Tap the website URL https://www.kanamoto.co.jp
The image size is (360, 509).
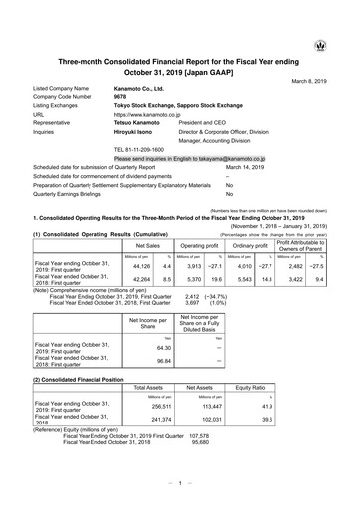coord(151,114)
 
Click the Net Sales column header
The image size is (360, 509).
coord(148,243)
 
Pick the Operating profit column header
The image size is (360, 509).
coord(198,243)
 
